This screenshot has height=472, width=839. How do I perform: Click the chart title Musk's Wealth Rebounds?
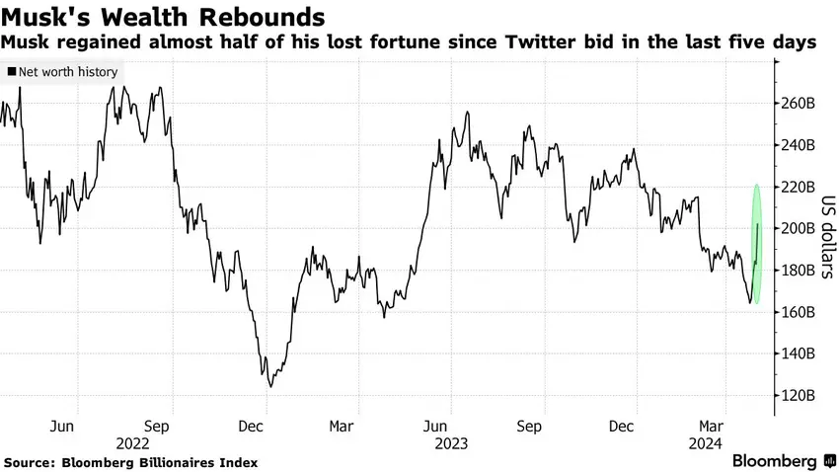(164, 18)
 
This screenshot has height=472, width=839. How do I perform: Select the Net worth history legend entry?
(62, 72)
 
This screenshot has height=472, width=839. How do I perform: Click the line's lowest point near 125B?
(269, 385)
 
